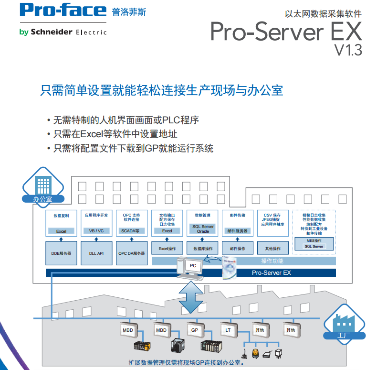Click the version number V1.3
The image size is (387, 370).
click(348, 50)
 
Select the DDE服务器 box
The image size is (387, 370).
click(61, 253)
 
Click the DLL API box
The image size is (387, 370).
click(96, 253)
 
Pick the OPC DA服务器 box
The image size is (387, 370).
click(131, 253)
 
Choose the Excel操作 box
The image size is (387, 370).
click(167, 249)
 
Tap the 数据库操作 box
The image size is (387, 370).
click(203, 249)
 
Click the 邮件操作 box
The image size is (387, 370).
click(238, 249)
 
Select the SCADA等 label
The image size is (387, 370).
click(131, 231)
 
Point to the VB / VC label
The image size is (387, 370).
click(96, 231)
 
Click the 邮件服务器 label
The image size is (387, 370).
click(238, 231)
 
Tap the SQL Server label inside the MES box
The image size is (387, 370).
click(314, 247)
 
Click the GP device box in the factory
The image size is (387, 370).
click(194, 330)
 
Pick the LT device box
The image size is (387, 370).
click(228, 330)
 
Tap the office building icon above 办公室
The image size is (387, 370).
click(43, 183)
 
